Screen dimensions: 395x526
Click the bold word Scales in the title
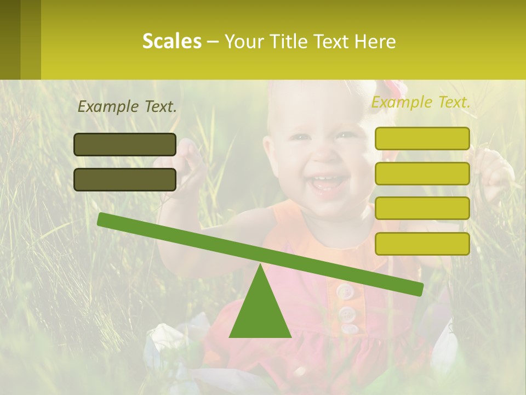[x=171, y=41]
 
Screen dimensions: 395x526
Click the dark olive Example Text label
[x=127, y=106]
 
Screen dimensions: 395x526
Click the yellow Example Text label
[x=421, y=102]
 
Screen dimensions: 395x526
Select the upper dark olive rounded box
[x=125, y=144]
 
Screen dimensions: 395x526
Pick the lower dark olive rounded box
[x=125, y=179]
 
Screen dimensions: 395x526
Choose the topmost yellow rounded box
[x=422, y=138]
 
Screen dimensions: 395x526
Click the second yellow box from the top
[x=422, y=173]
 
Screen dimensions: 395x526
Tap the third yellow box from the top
[x=422, y=208]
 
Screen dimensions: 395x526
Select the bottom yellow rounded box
[x=422, y=244]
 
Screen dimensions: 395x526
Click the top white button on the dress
[x=345, y=291]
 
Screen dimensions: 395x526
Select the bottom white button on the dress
[x=349, y=329]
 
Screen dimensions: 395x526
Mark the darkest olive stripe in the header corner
[x=10, y=39]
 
